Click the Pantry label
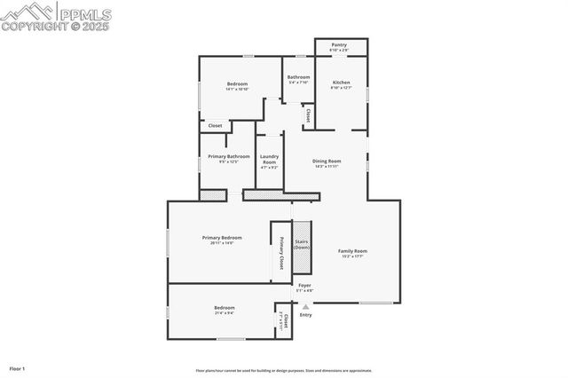coord(339,44)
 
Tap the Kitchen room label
coord(341,83)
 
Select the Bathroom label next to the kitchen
coord(298,77)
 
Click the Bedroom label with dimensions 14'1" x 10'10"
coord(237,84)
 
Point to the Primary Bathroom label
coord(223,157)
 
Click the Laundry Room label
coord(269,160)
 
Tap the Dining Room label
coord(327,161)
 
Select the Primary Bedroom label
coord(222,238)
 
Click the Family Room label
coord(352,251)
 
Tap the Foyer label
coord(304,286)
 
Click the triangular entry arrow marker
coord(305,306)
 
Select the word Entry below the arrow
coord(305,315)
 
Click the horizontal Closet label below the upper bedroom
coord(215,126)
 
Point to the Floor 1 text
coord(18,368)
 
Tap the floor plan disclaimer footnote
coord(284,371)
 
